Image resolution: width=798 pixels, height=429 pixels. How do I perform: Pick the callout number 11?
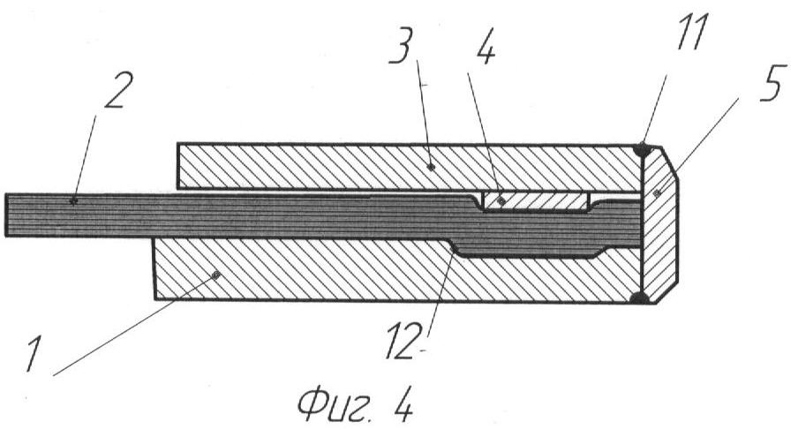pyautogui.click(x=692, y=32)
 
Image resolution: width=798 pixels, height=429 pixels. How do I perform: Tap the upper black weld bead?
pyautogui.click(x=643, y=149)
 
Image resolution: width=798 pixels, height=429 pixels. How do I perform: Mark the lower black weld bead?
pyautogui.click(x=640, y=297)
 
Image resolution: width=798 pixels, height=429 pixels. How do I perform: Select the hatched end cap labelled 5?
pyautogui.click(x=659, y=224)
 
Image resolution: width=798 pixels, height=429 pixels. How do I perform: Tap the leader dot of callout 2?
pyautogui.click(x=74, y=201)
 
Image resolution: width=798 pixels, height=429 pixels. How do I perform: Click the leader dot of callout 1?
pyautogui.click(x=215, y=275)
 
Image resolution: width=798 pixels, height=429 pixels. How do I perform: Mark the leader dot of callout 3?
pyautogui.click(x=432, y=166)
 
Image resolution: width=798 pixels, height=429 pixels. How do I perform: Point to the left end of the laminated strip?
pyautogui.click(x=6, y=214)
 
